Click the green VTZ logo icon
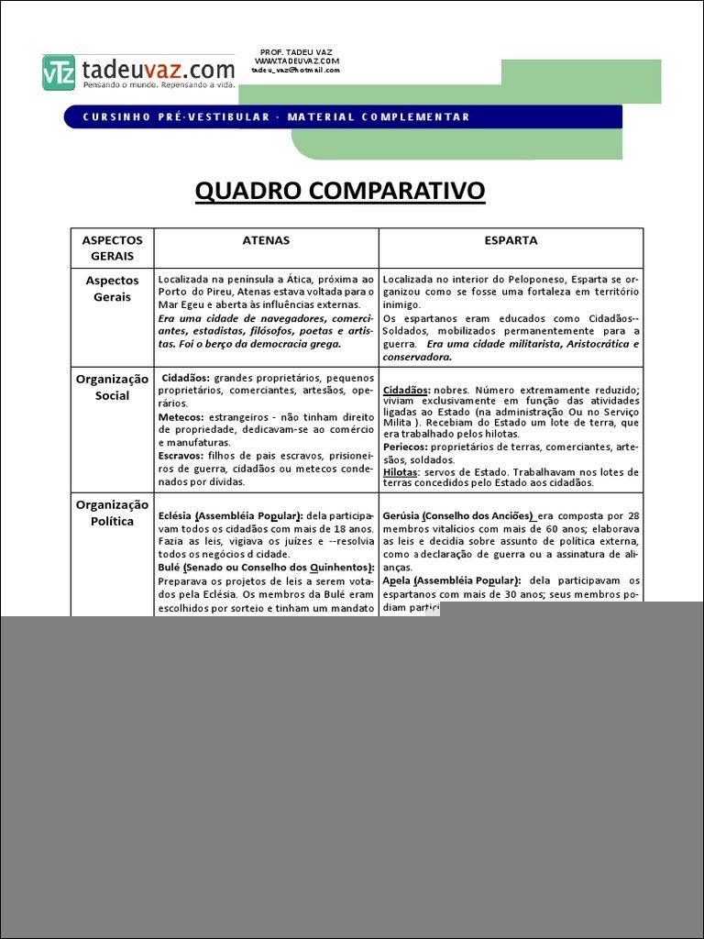(59, 72)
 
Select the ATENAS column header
(266, 240)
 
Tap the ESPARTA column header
(511, 240)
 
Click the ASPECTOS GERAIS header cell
(113, 248)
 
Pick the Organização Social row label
(113, 387)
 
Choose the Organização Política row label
(113, 513)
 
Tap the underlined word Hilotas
(400, 472)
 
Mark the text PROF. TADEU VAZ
(295, 52)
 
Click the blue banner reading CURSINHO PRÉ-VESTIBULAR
(275, 116)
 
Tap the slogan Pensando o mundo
(120, 85)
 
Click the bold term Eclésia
(175, 516)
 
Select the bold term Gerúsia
(401, 516)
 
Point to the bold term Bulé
(170, 568)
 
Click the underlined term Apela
(397, 580)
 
